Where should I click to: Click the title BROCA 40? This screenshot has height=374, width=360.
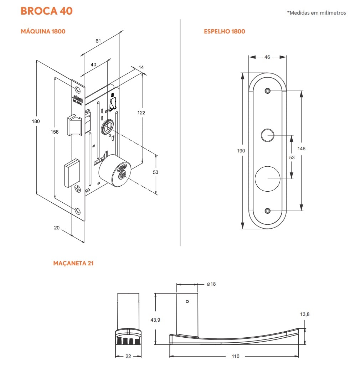coord(47,11)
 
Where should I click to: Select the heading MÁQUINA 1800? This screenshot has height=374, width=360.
coord(43,31)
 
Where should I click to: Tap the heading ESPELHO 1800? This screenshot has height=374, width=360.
coord(224,31)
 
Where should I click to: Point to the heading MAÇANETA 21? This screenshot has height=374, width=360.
coord(73,264)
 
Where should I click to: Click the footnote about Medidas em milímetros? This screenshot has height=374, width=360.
coord(316,13)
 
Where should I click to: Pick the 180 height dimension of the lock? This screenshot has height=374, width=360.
coord(36,121)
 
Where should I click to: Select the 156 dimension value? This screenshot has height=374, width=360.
coord(55,132)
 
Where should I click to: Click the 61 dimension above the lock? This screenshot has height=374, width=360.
coord(98,41)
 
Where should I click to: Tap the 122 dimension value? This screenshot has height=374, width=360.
coord(141,113)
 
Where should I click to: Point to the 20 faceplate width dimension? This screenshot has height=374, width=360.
coord(57,228)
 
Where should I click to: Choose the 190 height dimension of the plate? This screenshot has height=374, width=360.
coord(241,151)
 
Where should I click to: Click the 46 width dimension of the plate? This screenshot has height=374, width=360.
coord(267,57)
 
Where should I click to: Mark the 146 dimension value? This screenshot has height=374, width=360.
coord(302,149)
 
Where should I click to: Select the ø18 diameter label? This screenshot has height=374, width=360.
coord(211,284)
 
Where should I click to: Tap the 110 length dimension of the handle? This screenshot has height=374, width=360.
coord(235,356)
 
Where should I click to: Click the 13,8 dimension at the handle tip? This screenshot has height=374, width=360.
coord(305,314)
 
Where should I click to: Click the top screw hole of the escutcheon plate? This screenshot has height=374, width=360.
coord(267,91)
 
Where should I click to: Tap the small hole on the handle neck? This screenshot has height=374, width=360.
coord(187,301)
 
